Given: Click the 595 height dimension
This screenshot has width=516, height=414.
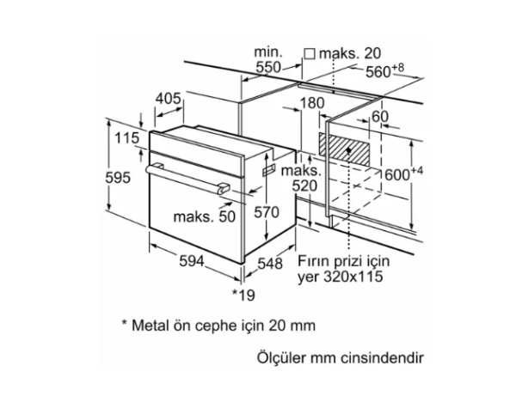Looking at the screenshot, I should click(x=119, y=178).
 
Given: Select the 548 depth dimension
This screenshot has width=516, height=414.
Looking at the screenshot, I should click(x=270, y=264).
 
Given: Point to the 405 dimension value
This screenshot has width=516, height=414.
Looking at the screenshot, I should click(x=168, y=99).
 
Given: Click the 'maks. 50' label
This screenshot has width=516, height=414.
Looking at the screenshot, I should click(x=204, y=217).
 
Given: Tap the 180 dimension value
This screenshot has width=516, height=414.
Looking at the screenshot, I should click(x=311, y=103).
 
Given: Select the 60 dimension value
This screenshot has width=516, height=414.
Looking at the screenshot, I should click(x=381, y=117).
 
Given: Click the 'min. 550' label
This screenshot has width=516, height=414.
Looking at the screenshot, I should click(x=268, y=60).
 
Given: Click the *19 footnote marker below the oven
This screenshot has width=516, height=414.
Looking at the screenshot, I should click(x=245, y=295).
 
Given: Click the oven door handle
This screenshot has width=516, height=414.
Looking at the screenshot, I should click(x=186, y=178).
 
